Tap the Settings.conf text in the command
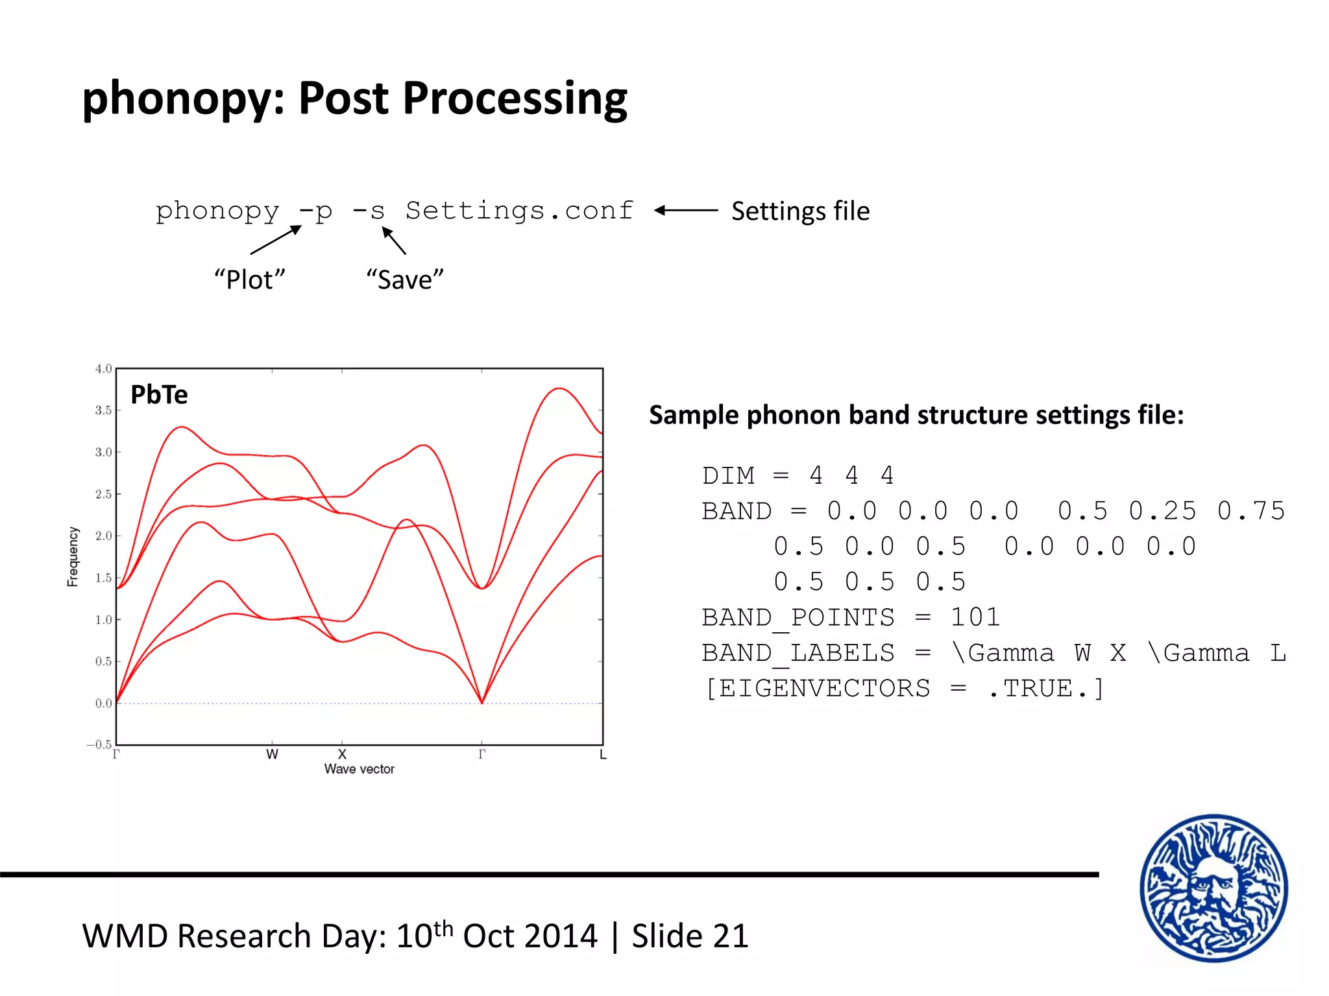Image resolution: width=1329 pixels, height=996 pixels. pos(519,211)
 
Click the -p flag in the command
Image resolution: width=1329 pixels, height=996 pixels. pos(316,211)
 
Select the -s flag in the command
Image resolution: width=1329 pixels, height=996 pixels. pos(369,211)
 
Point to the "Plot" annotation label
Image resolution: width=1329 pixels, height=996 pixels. pos(250,279)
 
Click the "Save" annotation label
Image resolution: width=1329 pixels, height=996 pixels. pos(405,279)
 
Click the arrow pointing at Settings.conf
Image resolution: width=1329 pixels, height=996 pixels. pos(686,210)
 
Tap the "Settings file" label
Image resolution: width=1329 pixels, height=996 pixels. pos(800,211)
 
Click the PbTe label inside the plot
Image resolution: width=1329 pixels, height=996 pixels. pos(159,394)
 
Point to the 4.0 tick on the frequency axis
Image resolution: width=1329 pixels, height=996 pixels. pos(104,369)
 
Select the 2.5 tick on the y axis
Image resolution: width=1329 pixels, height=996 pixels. pos(104,494)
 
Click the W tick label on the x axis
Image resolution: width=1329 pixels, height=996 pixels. pos(272,755)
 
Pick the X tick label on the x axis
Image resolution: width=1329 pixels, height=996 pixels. pos(342,755)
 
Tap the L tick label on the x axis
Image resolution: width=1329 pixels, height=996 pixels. pos(603,755)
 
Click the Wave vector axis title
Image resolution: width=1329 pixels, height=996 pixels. pos(360,769)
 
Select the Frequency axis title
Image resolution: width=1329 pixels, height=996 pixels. pos(73,556)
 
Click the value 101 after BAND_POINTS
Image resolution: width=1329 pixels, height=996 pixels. pos(975,617)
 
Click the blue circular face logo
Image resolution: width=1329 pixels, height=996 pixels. pos(1213,888)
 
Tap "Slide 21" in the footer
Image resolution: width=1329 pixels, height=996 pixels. pos(690,936)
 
